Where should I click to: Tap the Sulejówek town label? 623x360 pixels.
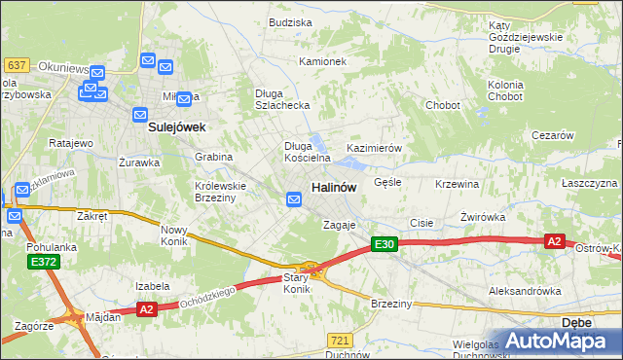(175, 126)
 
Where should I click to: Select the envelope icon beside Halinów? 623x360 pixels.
(294, 199)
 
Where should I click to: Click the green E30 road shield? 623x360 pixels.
(385, 245)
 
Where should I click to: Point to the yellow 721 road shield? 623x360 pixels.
(339, 340)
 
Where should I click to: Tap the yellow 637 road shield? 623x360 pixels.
(16, 64)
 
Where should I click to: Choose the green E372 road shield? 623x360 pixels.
(43, 262)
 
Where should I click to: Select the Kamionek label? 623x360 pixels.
(323, 61)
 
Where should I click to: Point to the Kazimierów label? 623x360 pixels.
(375, 148)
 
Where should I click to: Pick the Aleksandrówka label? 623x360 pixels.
(525, 291)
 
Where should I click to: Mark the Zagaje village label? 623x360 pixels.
(340, 225)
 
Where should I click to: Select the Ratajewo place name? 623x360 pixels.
(70, 143)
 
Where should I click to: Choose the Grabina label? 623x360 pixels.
(213, 156)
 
